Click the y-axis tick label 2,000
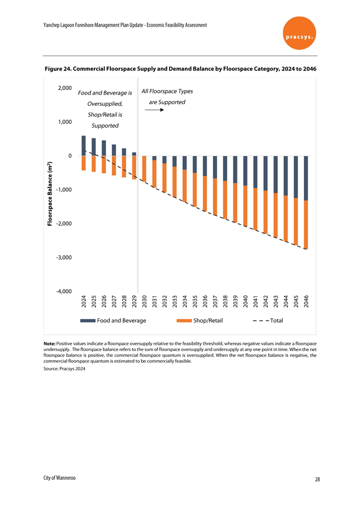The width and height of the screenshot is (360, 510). coord(64,88)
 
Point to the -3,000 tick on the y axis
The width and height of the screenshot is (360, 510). coord(64,258)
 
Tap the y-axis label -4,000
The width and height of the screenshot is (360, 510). coord(64,291)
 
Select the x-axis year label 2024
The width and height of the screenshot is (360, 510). coord(84,301)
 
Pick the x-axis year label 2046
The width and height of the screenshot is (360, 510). coord(306,301)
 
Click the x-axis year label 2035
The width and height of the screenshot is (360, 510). coord(195,301)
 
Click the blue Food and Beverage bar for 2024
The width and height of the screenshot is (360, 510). coord(84,146)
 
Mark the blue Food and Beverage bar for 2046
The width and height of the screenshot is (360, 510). coord(306,178)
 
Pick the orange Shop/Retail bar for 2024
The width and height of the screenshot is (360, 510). coord(84,163)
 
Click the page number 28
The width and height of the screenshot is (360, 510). coord(318,479)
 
